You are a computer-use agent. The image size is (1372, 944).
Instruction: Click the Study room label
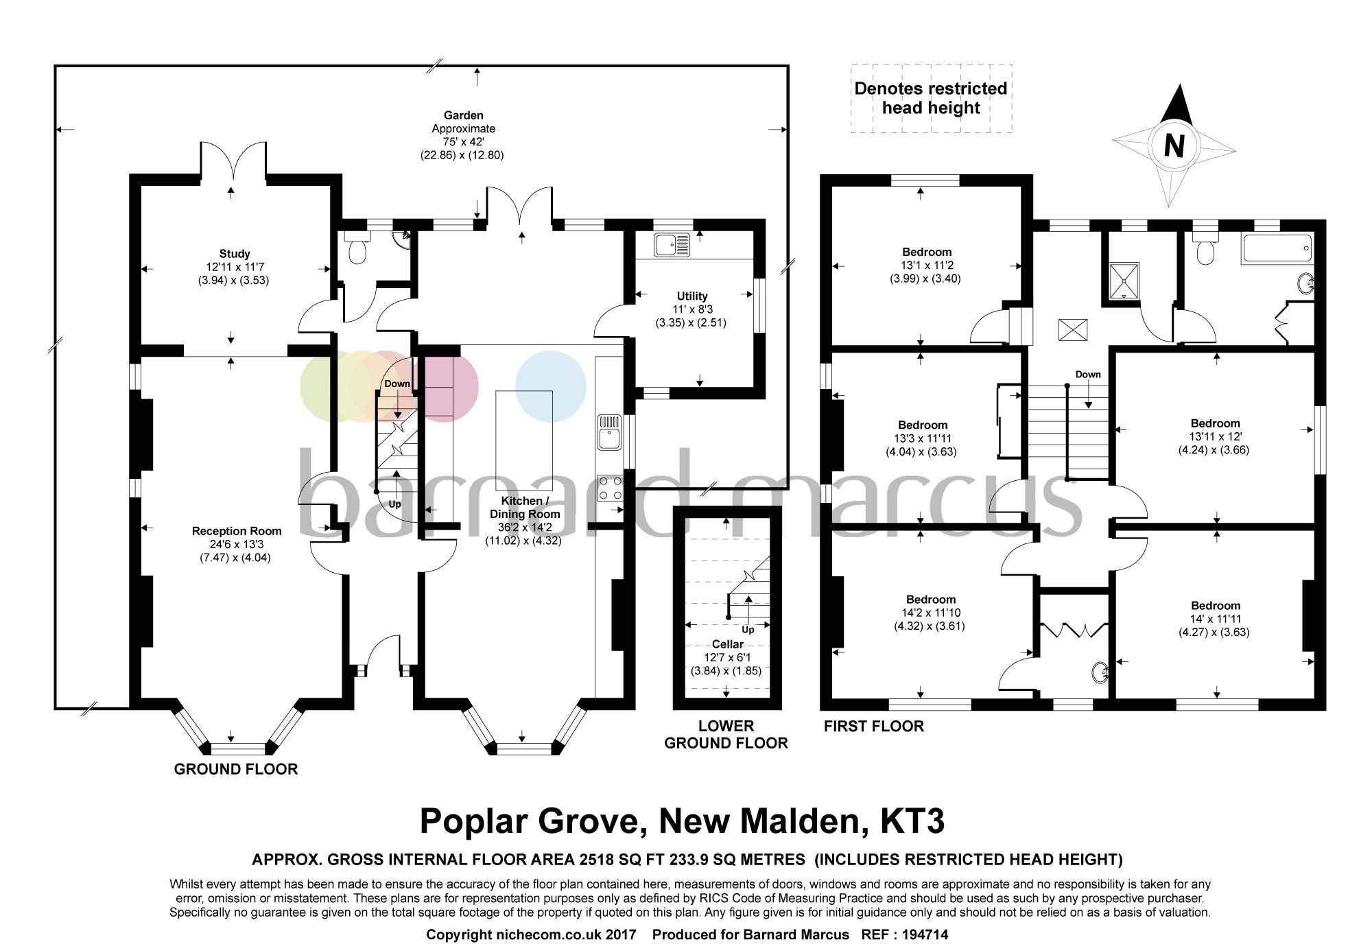(235, 254)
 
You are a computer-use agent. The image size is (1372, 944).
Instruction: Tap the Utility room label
(692, 296)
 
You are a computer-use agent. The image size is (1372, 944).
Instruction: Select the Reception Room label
(237, 531)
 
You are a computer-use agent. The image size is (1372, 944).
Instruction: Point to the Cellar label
(728, 644)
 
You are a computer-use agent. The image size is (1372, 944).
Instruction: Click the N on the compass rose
(1174, 145)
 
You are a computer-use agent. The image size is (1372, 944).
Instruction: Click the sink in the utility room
(672, 245)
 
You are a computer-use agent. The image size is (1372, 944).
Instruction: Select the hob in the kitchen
(610, 488)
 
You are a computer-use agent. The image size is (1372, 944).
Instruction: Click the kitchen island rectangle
(524, 440)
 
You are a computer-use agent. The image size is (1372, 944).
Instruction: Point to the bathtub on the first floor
(1277, 249)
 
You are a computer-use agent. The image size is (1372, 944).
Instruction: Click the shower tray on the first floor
(1124, 281)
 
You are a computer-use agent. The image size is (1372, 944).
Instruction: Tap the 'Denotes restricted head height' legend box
(931, 98)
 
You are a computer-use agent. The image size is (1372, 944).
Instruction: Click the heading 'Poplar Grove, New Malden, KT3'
(682, 821)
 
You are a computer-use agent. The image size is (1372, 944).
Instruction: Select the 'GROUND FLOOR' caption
(236, 769)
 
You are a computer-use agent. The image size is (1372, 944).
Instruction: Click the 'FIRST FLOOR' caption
(874, 727)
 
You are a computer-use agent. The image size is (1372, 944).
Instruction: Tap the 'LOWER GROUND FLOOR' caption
(726, 734)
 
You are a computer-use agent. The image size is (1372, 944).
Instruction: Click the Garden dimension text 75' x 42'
(463, 142)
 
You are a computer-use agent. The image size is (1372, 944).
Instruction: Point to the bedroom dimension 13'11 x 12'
(1215, 437)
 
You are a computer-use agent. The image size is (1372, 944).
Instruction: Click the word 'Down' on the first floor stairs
(1088, 375)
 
